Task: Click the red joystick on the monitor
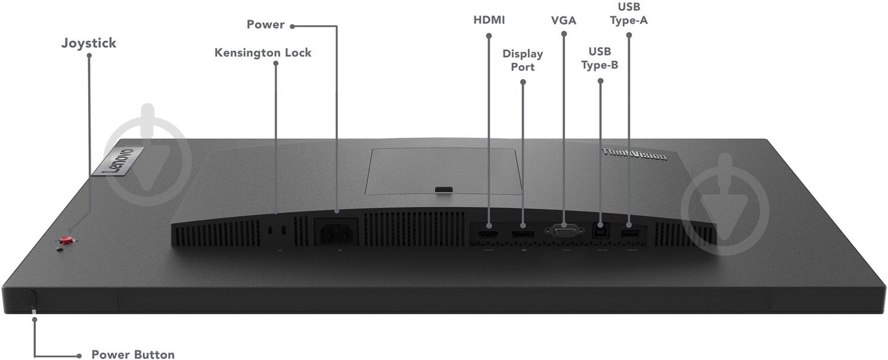[66, 240]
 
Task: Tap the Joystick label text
[89, 43]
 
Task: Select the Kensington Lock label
[263, 52]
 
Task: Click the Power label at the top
[266, 24]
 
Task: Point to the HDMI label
[489, 20]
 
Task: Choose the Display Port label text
[523, 60]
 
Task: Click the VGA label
[564, 20]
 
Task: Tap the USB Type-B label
[600, 58]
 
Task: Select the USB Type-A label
[629, 14]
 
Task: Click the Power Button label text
[133, 355]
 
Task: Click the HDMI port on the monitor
[489, 234]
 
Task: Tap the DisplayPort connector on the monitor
[523, 234]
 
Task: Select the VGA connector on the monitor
[564, 231]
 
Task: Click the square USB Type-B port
[600, 231]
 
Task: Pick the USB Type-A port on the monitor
[630, 234]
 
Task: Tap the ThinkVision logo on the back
[634, 154]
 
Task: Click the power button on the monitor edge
[33, 299]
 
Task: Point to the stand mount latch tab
[443, 190]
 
